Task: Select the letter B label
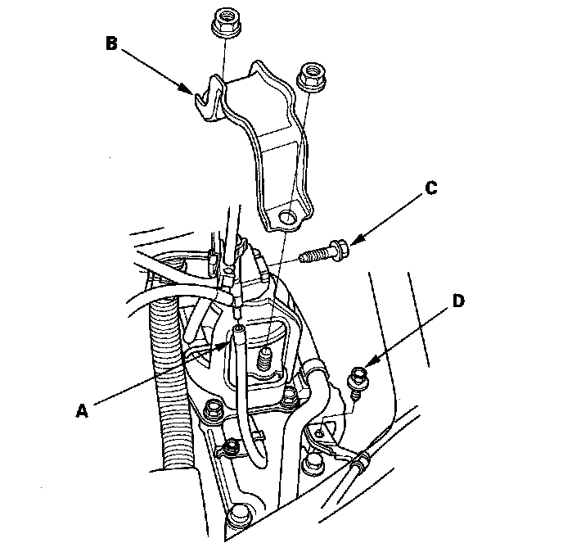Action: [112, 42]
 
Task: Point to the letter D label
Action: [458, 301]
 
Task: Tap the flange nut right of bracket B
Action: [309, 76]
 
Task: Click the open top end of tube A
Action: [238, 331]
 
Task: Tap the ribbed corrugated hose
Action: [172, 377]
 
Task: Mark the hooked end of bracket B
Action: [205, 92]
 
